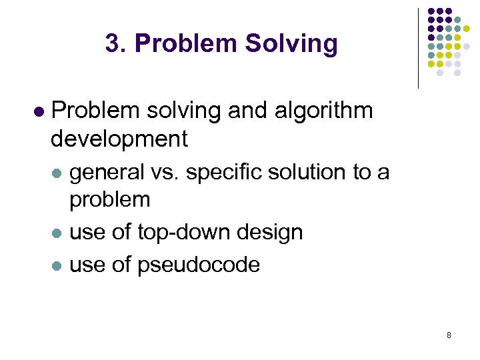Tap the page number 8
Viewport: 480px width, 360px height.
(x=449, y=335)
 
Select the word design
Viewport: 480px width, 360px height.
(x=273, y=232)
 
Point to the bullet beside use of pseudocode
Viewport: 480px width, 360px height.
(x=58, y=265)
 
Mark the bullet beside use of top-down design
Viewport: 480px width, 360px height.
(x=58, y=233)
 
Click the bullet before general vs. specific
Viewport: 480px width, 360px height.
(x=58, y=173)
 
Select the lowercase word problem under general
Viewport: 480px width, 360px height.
(x=110, y=199)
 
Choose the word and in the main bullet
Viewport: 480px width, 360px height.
(x=242, y=110)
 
